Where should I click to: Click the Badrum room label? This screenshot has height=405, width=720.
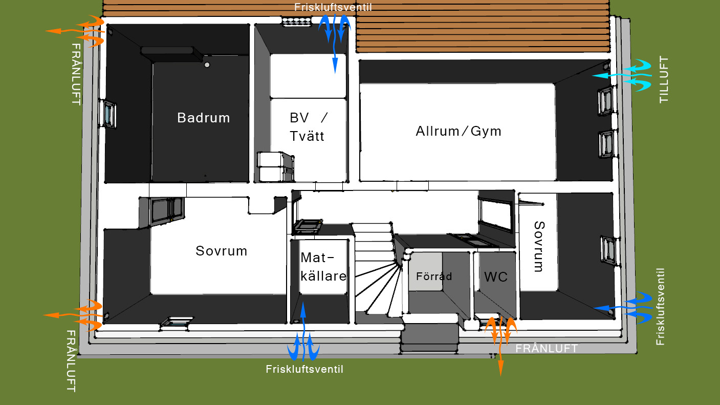tap(204, 118)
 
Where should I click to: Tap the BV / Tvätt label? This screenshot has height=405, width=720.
tap(308, 127)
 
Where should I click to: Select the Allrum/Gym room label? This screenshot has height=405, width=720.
tap(459, 131)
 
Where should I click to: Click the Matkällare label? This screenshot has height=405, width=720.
tap(323, 267)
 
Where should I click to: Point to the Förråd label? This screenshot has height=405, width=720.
tap(434, 276)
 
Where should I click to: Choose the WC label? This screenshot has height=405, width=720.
tap(496, 276)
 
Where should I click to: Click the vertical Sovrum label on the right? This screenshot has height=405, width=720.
tap(539, 246)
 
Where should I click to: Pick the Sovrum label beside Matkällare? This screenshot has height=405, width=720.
tap(222, 251)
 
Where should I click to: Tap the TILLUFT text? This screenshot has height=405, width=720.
tap(664, 79)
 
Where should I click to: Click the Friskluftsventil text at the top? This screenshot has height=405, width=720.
tap(333, 7)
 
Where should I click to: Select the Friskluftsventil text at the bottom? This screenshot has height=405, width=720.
tap(304, 369)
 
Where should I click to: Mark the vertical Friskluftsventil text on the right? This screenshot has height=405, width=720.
tap(660, 307)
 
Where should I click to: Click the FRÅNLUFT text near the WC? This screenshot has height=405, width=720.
tap(547, 348)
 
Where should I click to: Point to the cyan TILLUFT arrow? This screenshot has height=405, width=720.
tap(622, 76)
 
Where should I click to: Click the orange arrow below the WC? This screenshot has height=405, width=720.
tap(500, 346)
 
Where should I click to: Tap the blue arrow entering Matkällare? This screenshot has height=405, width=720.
tap(303, 331)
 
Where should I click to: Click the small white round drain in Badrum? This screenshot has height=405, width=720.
tap(207, 65)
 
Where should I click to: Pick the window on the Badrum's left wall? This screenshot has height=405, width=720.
tap(108, 114)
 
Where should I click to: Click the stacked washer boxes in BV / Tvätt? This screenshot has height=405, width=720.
tap(276, 166)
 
